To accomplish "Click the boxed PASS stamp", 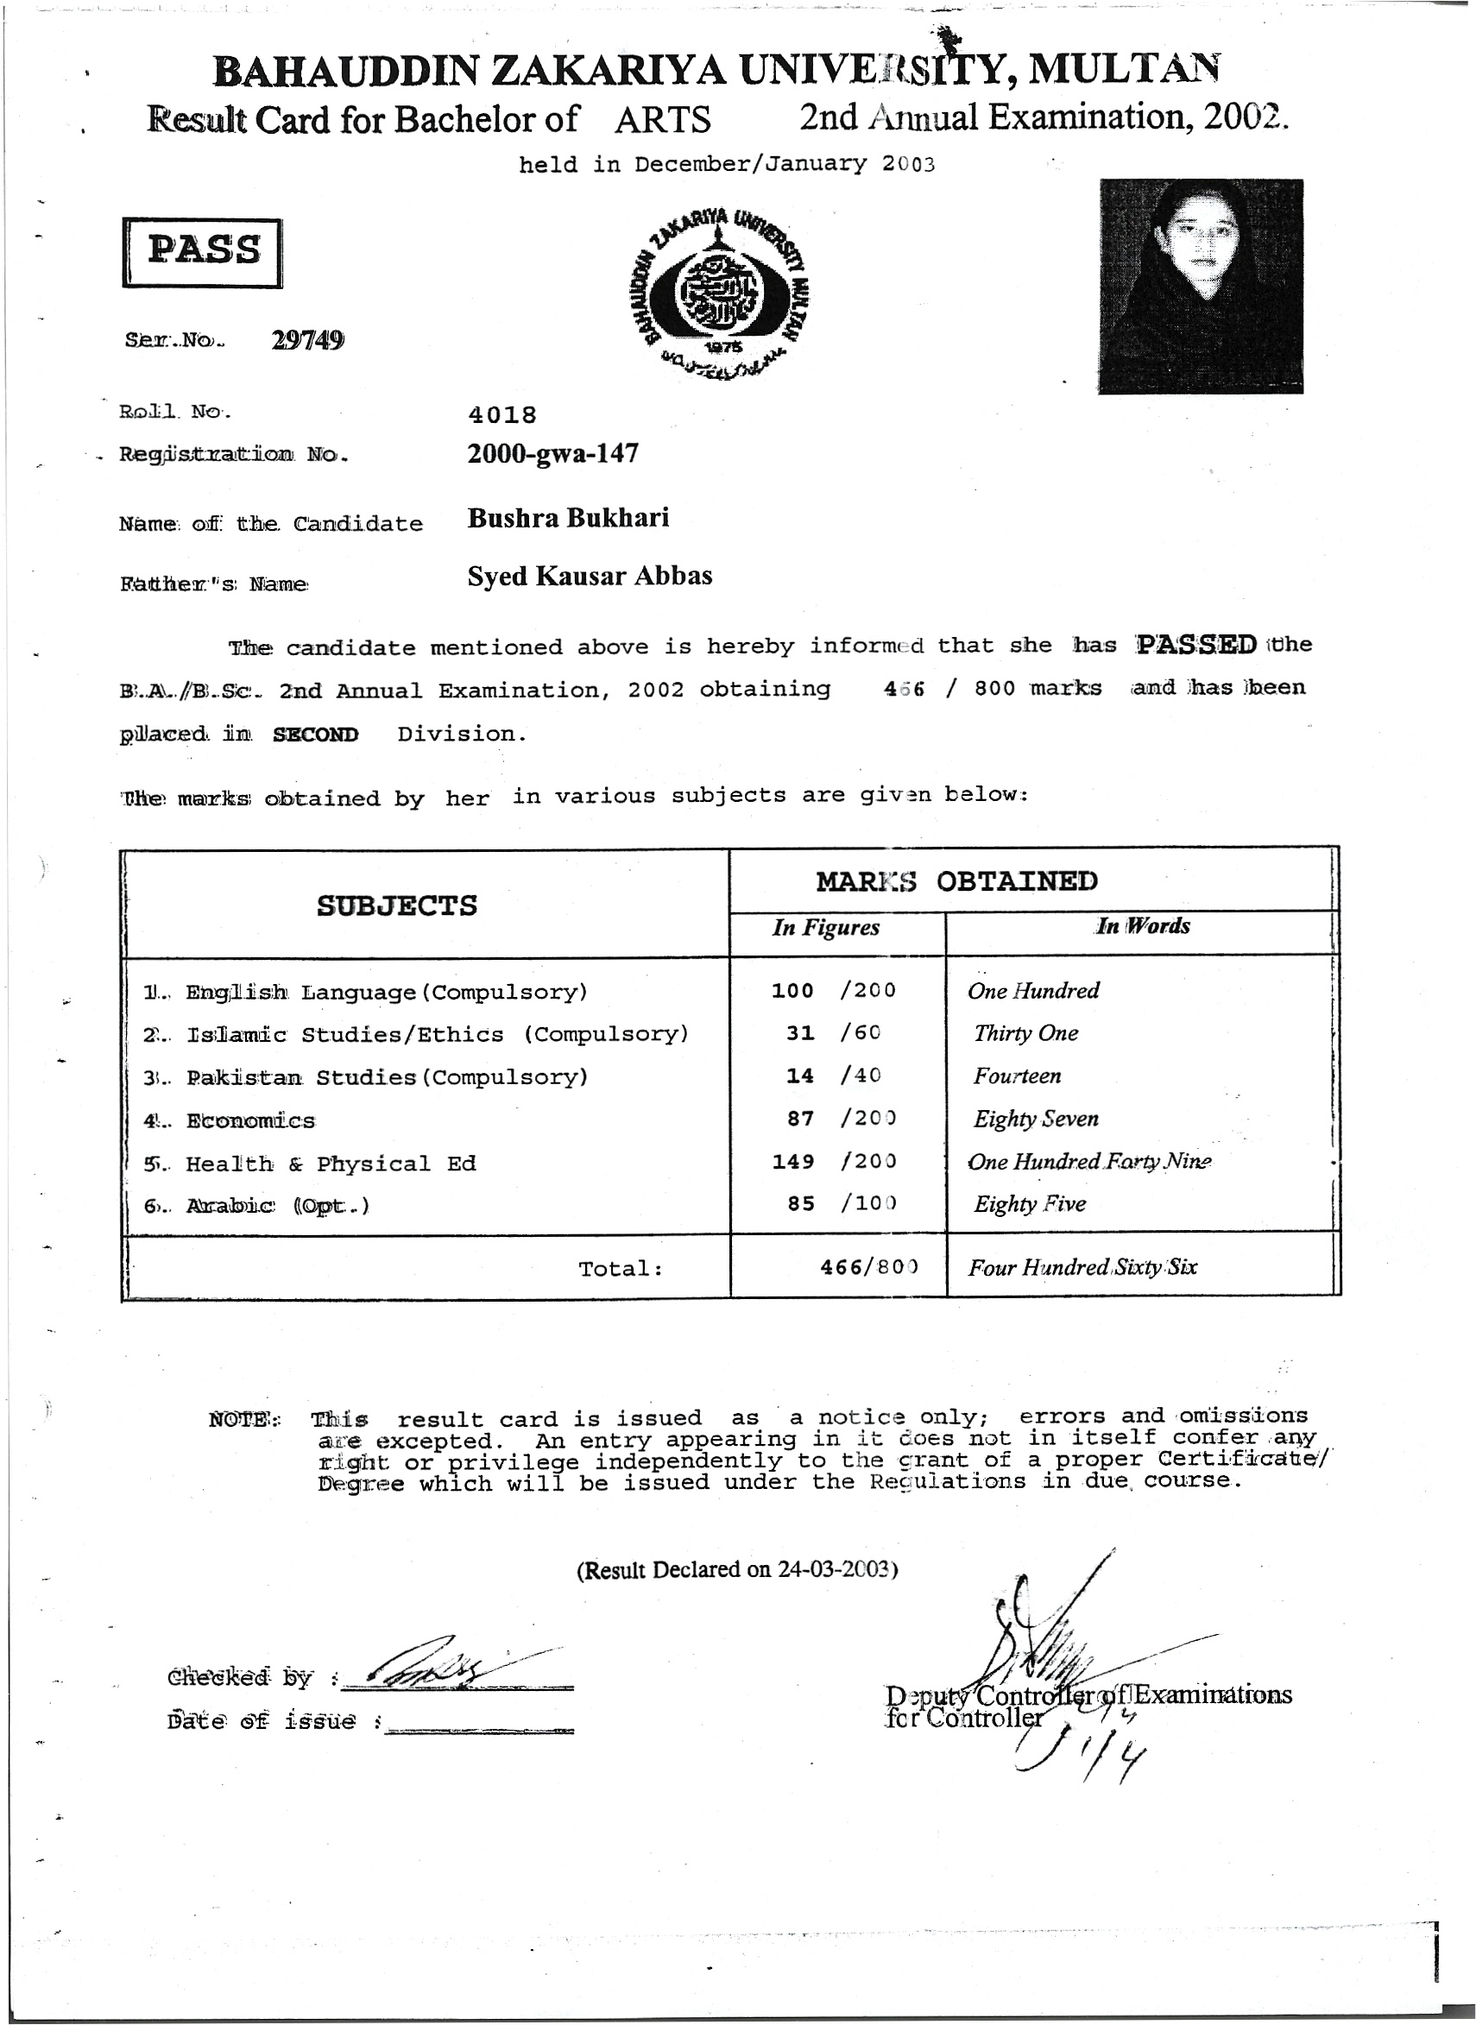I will (x=202, y=253).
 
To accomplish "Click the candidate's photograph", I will (x=1200, y=286).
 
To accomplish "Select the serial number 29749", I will (x=307, y=340).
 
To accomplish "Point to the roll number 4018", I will (x=502, y=414).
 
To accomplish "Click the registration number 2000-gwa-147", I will (x=552, y=454).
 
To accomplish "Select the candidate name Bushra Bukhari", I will (x=567, y=518).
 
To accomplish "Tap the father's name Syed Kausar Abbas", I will (x=590, y=576).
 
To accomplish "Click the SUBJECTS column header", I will (x=397, y=905).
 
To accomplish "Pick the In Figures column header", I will (x=825, y=928).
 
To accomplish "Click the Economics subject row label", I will (x=250, y=1120).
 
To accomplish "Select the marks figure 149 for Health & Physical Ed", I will (x=792, y=1161).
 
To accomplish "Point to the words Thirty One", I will (x=1025, y=1033).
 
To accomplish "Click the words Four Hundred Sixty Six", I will (x=1082, y=1266).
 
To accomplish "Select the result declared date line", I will (x=737, y=1569).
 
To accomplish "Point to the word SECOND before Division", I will (x=315, y=735).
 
